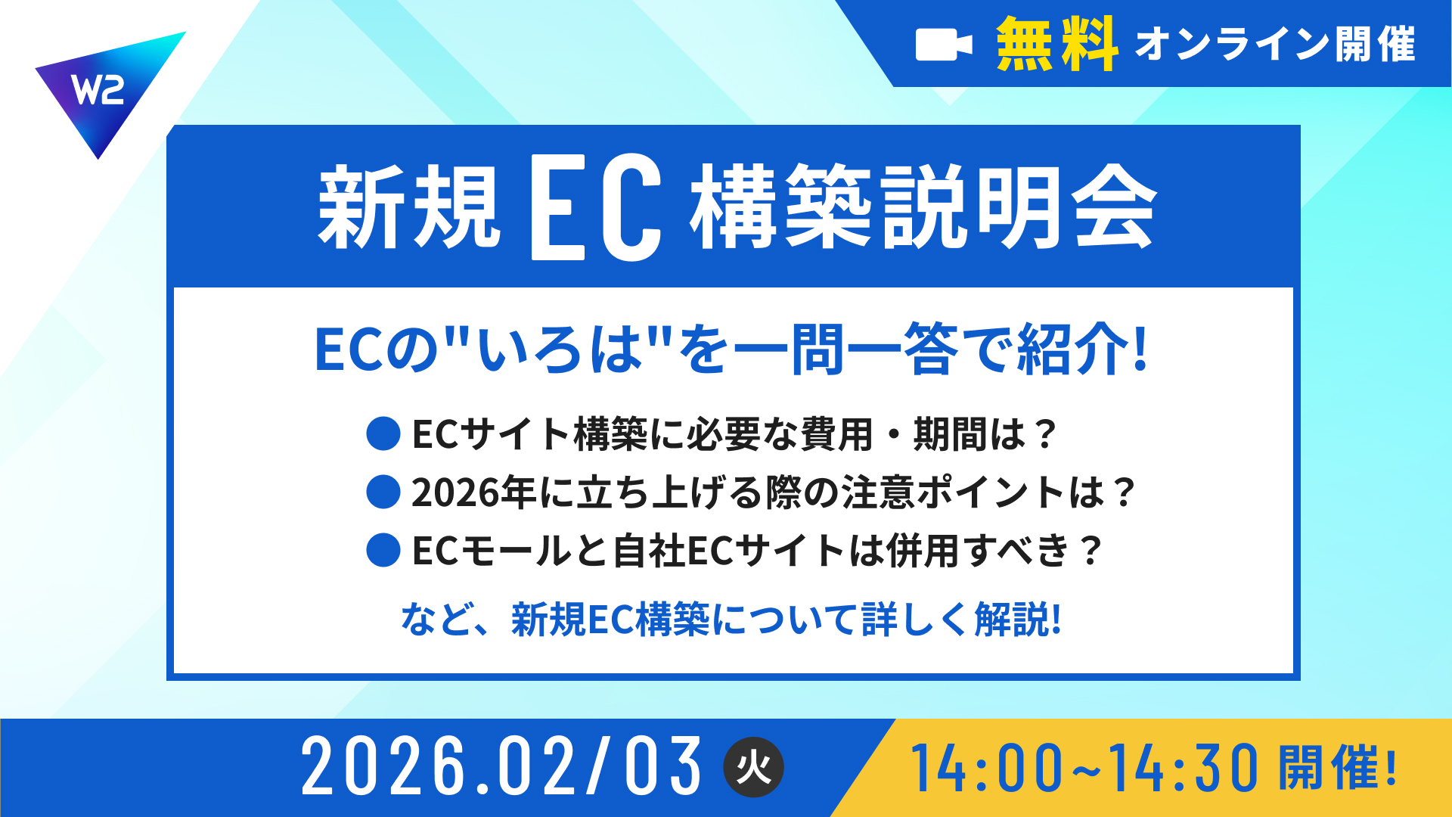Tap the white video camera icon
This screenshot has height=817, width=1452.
pyautogui.click(x=944, y=45)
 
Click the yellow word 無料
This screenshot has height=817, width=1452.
pyautogui.click(x=1057, y=44)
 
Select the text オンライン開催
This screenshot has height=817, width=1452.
pyautogui.click(x=1275, y=44)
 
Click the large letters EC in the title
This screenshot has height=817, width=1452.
pyautogui.click(x=597, y=207)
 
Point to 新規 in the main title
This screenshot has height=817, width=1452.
pyautogui.click(x=409, y=207)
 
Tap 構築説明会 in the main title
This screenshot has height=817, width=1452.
pyautogui.click(x=923, y=207)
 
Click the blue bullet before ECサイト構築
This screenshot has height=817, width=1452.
pyautogui.click(x=383, y=434)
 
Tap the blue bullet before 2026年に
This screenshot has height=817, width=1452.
pyautogui.click(x=383, y=492)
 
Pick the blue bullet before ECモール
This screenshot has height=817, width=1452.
pyautogui.click(x=383, y=550)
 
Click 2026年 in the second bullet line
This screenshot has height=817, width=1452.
pyautogui.click(x=475, y=492)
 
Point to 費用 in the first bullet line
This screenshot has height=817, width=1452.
pyautogui.click(x=837, y=434)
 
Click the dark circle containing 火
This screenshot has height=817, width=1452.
pyautogui.click(x=754, y=767)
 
